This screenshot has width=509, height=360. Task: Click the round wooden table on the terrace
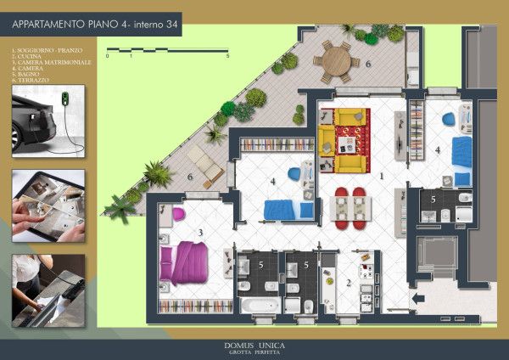pyautogui.click(x=337, y=60)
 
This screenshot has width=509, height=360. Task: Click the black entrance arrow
pyautogui.click(x=417, y=298)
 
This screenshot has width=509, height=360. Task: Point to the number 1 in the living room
pyautogui.click(x=382, y=175)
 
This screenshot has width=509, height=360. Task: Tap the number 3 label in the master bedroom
pyautogui.click(x=199, y=232)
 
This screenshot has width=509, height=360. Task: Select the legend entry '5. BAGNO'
pyautogui.click(x=26, y=74)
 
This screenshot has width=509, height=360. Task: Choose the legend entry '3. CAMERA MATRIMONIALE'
pyautogui.click(x=51, y=62)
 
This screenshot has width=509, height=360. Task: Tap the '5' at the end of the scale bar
pyautogui.click(x=227, y=56)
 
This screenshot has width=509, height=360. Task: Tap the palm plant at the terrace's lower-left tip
pyautogui.click(x=119, y=208)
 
